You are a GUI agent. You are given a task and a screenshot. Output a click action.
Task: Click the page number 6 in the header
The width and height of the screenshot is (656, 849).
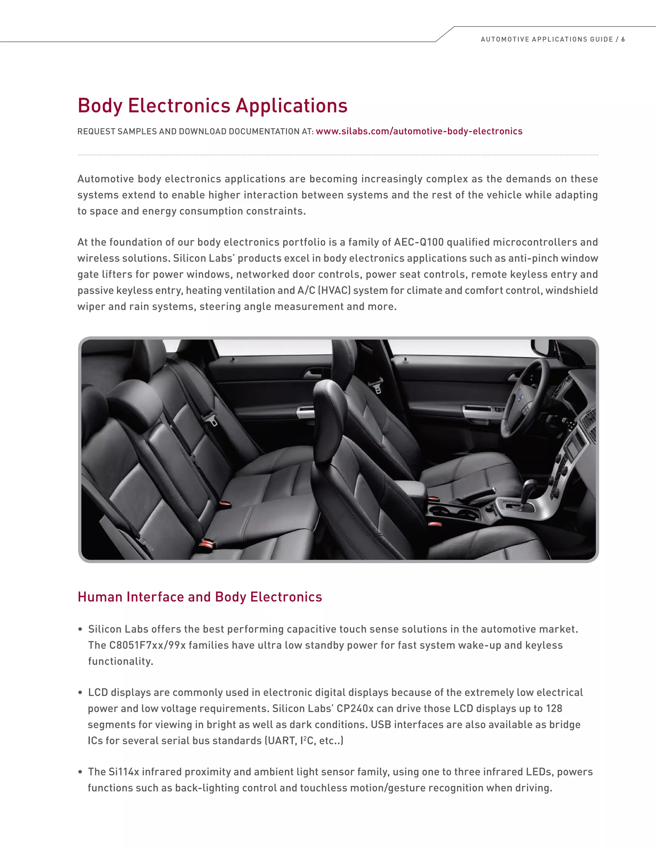[623, 39]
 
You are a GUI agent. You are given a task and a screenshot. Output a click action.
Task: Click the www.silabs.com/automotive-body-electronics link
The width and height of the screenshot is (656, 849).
[419, 131]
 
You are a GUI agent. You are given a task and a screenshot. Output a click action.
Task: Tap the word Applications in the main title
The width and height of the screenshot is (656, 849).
[291, 106]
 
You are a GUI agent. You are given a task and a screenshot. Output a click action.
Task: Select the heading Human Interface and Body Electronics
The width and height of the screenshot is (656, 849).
[200, 597]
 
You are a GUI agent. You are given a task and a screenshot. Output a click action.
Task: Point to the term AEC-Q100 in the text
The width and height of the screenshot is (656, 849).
[419, 242]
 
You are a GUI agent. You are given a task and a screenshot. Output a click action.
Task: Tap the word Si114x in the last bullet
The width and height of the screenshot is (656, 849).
[124, 772]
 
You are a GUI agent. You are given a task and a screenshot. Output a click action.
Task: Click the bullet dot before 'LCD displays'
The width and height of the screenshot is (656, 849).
[80, 693]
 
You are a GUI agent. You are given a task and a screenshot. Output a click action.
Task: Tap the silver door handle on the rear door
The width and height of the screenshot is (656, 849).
[306, 412]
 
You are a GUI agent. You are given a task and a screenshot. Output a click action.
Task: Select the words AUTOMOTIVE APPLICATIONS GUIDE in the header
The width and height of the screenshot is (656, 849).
[546, 39]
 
